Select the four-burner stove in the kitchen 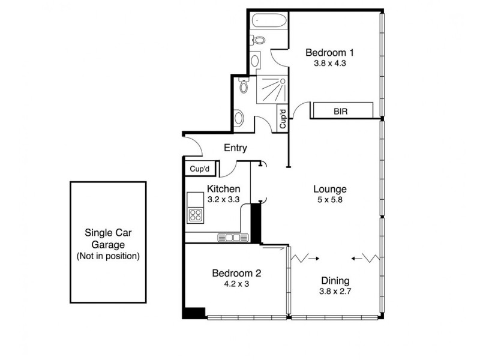click(196, 215)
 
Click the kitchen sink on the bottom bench click(232, 238)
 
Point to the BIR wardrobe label click(341, 111)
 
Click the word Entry click(235, 148)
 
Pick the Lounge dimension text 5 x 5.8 click(329, 200)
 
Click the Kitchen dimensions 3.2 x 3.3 click(223, 199)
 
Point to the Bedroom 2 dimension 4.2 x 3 click(236, 284)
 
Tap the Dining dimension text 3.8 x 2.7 click(335, 292)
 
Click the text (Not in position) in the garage click(108, 256)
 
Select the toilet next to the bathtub click(259, 41)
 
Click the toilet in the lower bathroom click(243, 86)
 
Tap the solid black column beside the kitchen click(255, 221)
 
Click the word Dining click(335, 281)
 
